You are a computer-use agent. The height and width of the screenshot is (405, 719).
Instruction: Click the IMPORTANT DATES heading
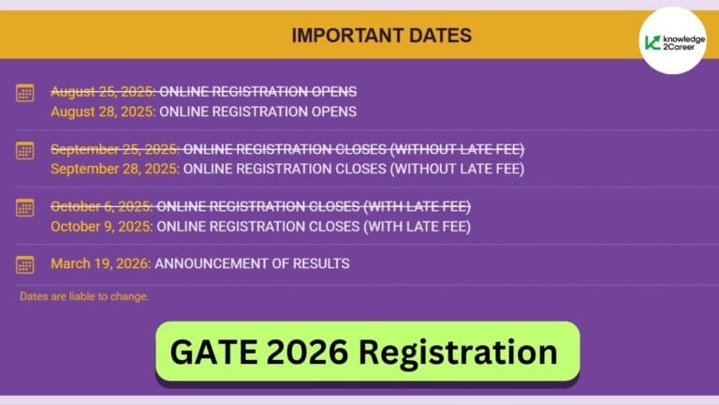(x=381, y=37)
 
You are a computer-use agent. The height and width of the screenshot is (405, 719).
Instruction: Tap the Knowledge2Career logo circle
(x=673, y=41)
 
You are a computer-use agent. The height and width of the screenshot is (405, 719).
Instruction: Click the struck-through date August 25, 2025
(x=103, y=92)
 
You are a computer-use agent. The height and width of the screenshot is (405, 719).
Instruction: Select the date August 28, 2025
(x=103, y=112)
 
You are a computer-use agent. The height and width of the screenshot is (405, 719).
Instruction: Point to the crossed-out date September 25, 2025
(x=115, y=149)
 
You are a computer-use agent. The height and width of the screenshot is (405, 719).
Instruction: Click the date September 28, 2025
(x=115, y=169)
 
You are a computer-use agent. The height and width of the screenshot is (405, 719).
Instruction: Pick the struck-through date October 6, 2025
(x=101, y=206)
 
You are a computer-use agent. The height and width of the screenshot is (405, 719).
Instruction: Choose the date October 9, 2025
(x=101, y=226)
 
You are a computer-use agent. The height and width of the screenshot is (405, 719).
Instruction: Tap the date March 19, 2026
(x=100, y=263)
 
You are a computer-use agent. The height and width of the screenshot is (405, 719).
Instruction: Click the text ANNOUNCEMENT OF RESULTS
(x=252, y=263)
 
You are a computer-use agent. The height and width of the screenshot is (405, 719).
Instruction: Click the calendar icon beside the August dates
(x=25, y=93)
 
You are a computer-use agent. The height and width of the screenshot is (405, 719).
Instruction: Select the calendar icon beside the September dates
(x=25, y=150)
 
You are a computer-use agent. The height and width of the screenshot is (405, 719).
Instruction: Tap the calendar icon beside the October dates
(x=25, y=207)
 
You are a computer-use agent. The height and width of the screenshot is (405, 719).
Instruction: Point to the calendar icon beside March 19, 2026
(x=25, y=264)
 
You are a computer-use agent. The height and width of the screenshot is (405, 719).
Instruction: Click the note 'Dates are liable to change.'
(x=84, y=296)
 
